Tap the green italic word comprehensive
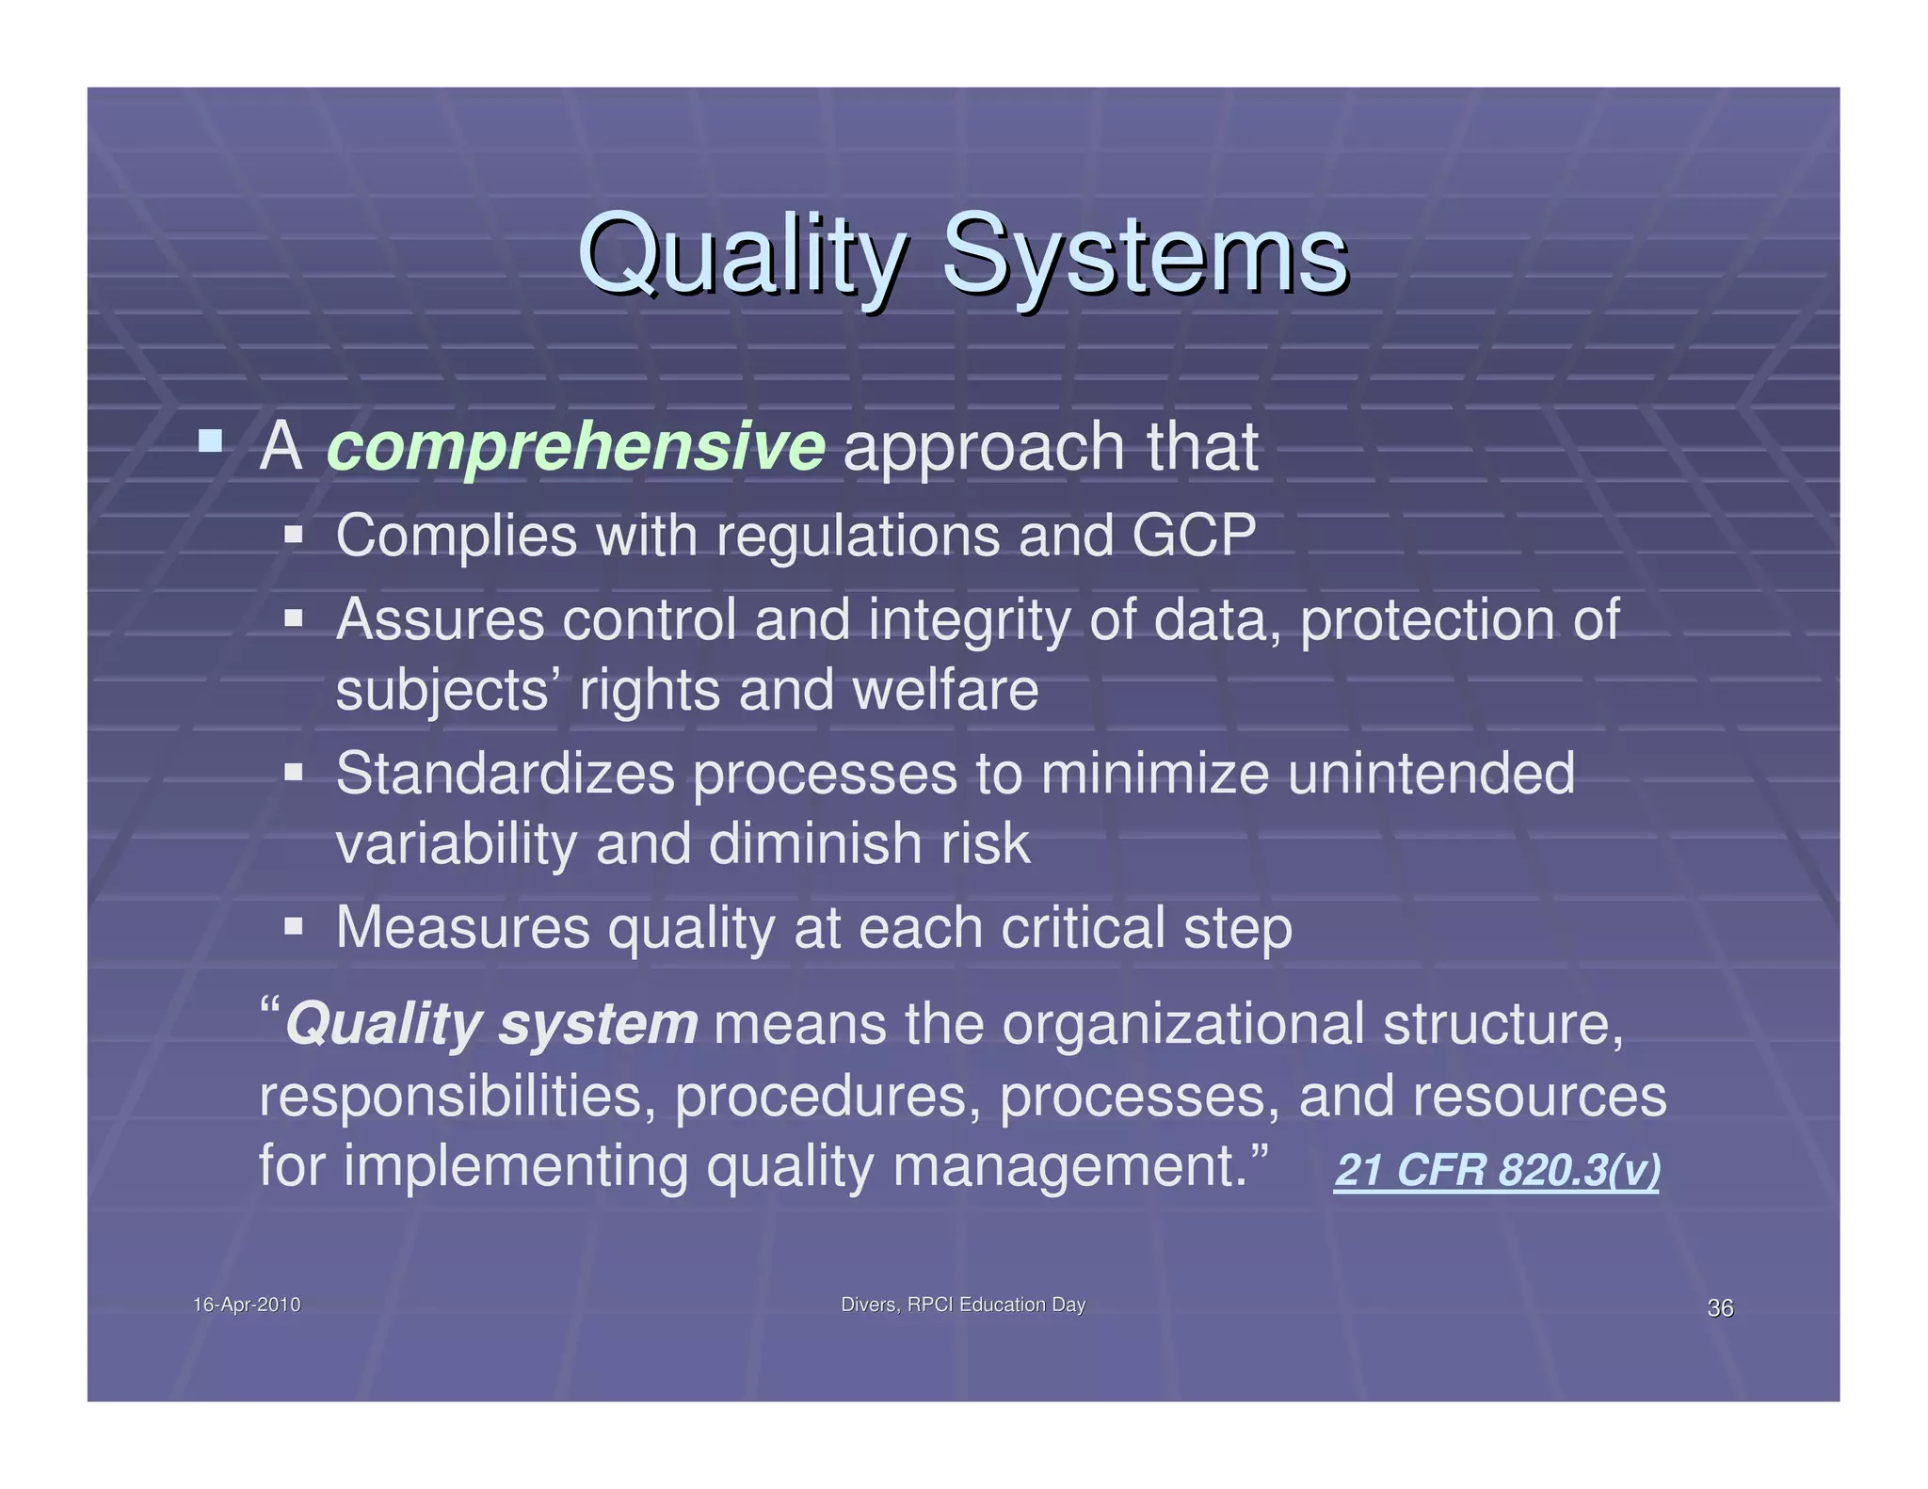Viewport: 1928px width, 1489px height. (x=575, y=447)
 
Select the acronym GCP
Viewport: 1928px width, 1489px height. (x=1194, y=536)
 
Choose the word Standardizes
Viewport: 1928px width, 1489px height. (x=506, y=774)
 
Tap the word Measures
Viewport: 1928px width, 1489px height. (x=462, y=928)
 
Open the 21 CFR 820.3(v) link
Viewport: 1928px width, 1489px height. (x=1497, y=1171)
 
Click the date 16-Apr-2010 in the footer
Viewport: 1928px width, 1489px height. (x=247, y=1305)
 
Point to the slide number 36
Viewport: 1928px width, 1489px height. (x=1720, y=1307)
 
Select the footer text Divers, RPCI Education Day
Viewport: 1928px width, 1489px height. (x=963, y=1305)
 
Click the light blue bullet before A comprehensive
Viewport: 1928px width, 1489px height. (x=211, y=440)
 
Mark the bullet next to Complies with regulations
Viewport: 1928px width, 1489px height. (x=294, y=535)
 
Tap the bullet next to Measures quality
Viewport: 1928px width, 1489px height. (x=294, y=926)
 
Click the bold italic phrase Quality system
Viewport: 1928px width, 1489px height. (x=491, y=1024)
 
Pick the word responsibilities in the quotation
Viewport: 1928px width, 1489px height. (x=458, y=1097)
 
